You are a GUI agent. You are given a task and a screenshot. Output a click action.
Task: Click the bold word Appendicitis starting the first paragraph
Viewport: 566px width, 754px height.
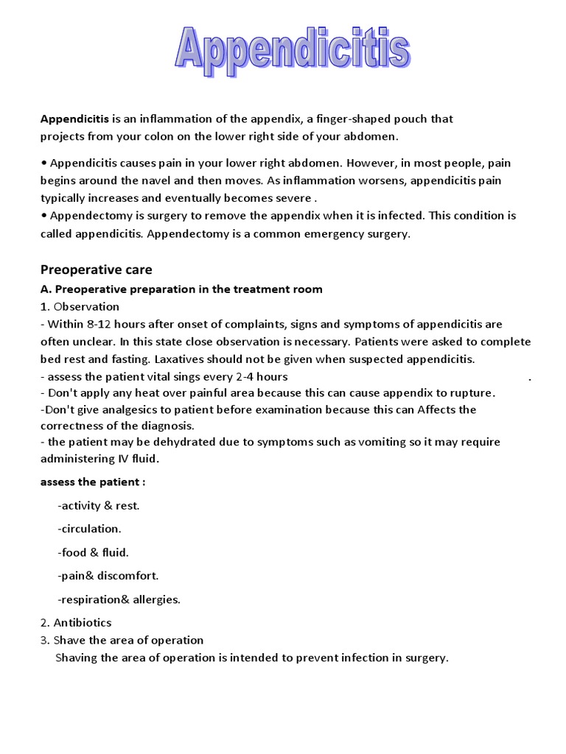point(74,119)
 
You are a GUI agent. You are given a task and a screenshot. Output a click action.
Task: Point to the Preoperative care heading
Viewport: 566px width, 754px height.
point(96,269)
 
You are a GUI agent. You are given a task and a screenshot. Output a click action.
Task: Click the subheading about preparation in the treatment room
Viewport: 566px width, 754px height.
point(181,289)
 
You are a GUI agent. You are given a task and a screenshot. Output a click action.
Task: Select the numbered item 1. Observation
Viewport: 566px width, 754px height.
point(80,306)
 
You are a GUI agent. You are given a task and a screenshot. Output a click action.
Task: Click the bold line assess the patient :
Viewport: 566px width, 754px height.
point(92,482)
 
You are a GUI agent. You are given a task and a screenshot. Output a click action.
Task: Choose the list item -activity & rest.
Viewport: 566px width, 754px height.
point(98,505)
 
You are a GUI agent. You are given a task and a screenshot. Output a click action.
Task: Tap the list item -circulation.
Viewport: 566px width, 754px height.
point(89,529)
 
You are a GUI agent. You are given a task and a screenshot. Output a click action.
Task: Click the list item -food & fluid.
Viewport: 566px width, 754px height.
point(93,552)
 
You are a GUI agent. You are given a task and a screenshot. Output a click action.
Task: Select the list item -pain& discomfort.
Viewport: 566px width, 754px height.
point(108,576)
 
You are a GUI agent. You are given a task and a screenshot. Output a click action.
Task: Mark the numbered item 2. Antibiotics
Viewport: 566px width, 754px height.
point(76,623)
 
